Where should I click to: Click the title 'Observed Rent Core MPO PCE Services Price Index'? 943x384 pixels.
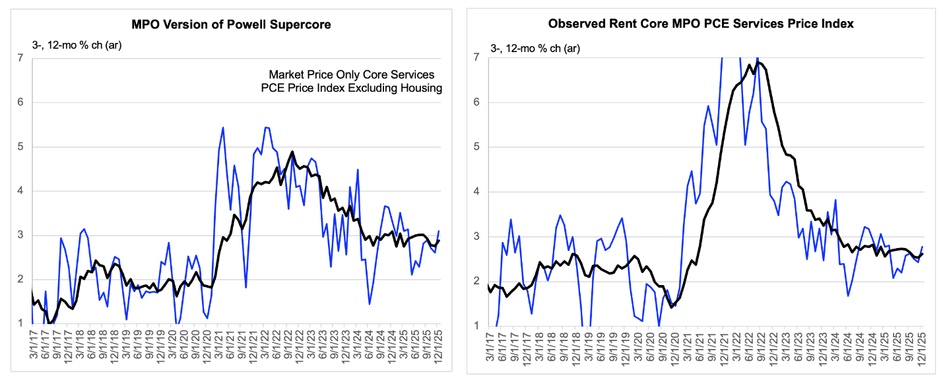701,24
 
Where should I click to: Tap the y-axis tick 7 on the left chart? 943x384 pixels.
20,58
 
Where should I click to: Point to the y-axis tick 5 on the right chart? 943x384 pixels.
476,147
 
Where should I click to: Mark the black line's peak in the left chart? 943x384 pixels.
292,152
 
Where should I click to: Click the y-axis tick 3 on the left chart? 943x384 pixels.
20,235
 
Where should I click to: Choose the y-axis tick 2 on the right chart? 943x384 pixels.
476,280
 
